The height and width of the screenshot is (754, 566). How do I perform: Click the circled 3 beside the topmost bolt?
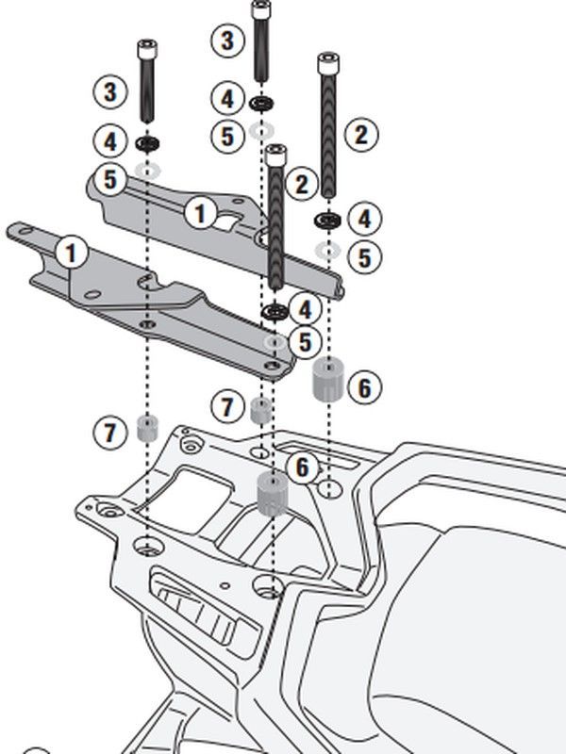(x=226, y=41)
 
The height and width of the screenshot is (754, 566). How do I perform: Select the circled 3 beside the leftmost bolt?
(x=111, y=91)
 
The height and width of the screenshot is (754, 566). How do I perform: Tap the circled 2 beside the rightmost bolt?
(x=361, y=134)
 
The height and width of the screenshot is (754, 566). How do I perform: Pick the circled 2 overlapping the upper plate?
(x=303, y=184)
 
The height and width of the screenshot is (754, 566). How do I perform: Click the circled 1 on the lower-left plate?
(x=73, y=253)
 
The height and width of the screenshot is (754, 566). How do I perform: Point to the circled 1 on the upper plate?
(x=199, y=212)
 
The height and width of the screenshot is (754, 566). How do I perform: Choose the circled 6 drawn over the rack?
(x=302, y=467)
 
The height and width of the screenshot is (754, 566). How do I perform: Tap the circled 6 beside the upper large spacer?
(x=364, y=385)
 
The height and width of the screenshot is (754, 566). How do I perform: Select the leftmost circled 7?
(x=111, y=433)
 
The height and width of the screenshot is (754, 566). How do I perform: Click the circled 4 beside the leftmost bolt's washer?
(x=111, y=143)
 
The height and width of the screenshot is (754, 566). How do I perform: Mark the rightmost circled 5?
(x=363, y=255)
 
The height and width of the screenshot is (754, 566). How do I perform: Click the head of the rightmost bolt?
(x=328, y=63)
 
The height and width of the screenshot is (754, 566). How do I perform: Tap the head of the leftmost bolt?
(x=147, y=49)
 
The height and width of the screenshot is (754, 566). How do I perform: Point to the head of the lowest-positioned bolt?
(x=275, y=155)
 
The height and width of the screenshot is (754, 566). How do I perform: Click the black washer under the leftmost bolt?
(x=147, y=144)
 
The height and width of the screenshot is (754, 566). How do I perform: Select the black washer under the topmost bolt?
(x=261, y=102)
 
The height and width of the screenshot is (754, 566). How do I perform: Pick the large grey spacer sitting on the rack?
(x=272, y=493)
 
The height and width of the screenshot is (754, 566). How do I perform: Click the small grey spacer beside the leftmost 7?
(x=147, y=428)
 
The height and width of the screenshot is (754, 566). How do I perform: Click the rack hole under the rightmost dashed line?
(x=327, y=488)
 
